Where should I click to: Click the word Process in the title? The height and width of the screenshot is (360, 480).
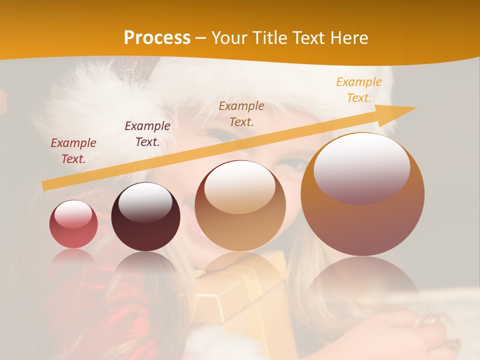click(157, 38)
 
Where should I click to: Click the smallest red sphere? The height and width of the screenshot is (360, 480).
click(73, 224)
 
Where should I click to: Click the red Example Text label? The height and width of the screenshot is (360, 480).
click(73, 151)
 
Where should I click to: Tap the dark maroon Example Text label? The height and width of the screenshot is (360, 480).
click(147, 134)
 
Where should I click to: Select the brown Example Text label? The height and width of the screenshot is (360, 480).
click(241, 113)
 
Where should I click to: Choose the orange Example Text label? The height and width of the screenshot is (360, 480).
click(359, 90)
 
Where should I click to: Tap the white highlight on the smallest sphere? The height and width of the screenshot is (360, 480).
click(73, 214)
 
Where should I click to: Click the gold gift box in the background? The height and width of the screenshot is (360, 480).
click(240, 295)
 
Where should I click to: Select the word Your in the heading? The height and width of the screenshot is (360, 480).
click(230, 38)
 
